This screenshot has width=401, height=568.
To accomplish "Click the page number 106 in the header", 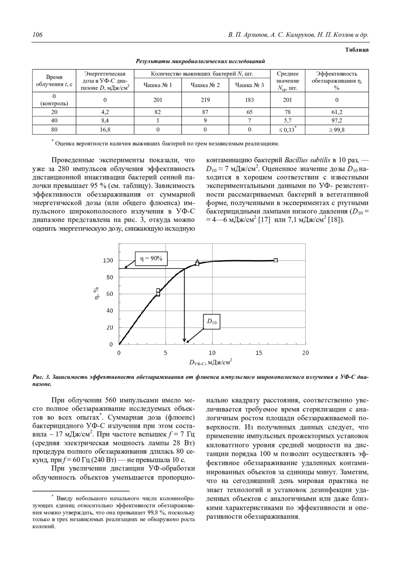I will click(x=37, y=35).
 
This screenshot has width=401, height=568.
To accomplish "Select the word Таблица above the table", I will click(x=357, y=50).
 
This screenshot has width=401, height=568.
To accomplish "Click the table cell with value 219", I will click(x=205, y=100).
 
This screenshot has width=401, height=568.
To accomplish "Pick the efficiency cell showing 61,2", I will click(x=337, y=112).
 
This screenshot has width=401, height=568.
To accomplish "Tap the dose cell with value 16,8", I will click(x=105, y=129).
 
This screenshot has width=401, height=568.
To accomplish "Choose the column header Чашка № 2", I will click(x=205, y=85).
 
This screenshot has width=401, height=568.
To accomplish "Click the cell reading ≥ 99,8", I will click(x=337, y=129).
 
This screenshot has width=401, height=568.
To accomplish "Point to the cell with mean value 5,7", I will click(x=287, y=121).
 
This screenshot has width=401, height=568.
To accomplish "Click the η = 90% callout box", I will click(x=151, y=259).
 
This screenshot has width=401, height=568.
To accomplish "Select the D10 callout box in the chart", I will click(x=212, y=322).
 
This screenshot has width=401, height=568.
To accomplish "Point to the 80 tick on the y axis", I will click(x=110, y=277).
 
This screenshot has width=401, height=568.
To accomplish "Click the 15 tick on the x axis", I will click(x=259, y=353).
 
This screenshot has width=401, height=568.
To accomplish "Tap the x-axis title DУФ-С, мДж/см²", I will click(x=211, y=362).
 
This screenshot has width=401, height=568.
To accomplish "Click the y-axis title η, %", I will click(x=96, y=294).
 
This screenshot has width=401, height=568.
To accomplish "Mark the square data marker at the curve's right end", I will click(x=276, y=260).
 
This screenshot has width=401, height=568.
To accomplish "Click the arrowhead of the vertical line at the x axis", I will click(x=184, y=341).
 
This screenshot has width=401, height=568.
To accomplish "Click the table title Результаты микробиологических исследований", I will click(x=200, y=61).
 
